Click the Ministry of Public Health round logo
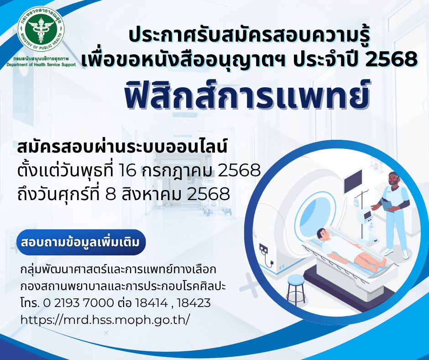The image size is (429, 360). point(41,30)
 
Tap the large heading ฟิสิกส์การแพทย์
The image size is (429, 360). point(247,94)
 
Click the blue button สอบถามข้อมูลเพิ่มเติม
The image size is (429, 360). point(81,243)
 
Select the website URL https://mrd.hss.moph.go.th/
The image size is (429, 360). point(105,320)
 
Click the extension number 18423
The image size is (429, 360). point(194,303)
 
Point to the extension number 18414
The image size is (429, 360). point(152,303)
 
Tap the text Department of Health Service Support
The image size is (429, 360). point(41,65)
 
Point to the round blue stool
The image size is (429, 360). point(296,288)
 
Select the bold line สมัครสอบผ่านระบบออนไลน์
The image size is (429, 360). point(122,147)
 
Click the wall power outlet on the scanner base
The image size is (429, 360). point(263,249)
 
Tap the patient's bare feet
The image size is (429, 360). point(380,263)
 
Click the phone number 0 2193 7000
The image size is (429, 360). point(78,303)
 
